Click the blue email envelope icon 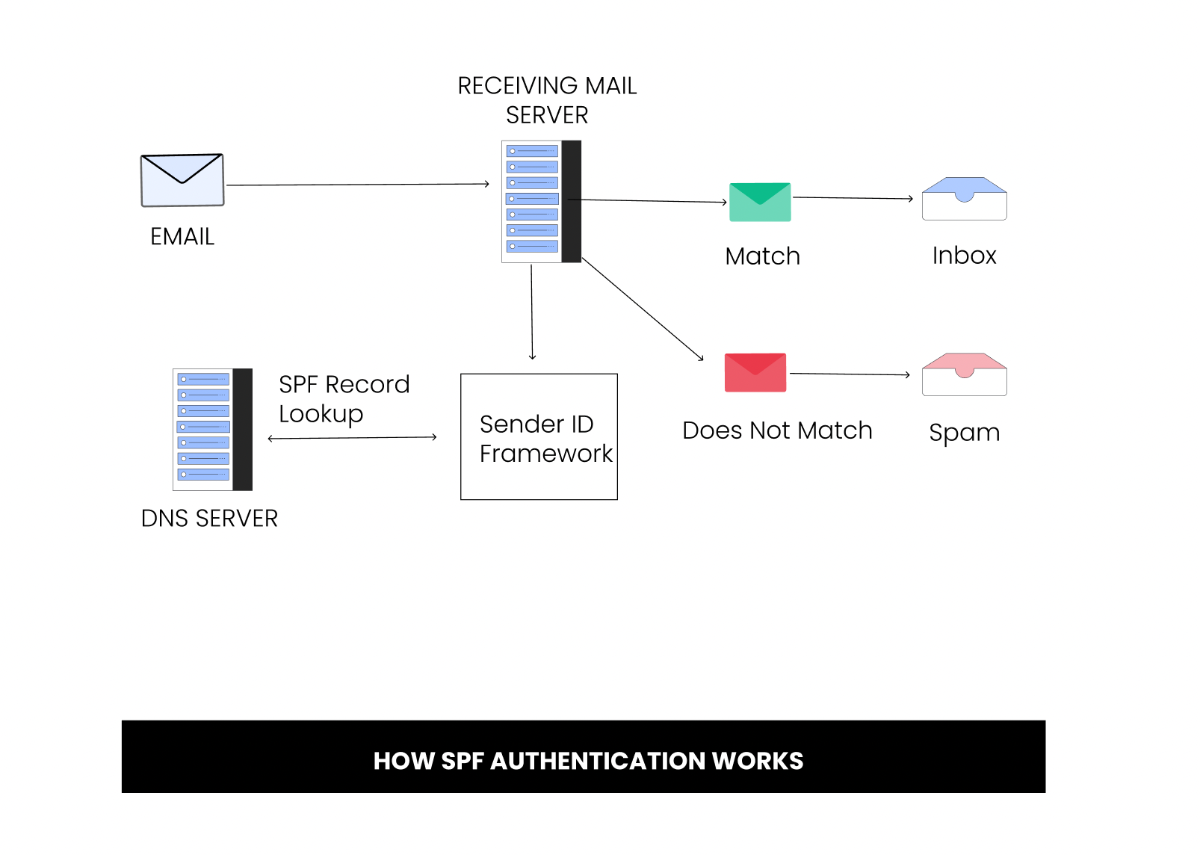pyautogui.click(x=182, y=180)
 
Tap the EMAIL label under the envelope pyautogui.click(x=182, y=237)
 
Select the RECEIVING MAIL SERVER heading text pyautogui.click(x=547, y=100)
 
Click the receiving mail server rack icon pyautogui.click(x=541, y=202)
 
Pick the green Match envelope pyautogui.click(x=760, y=202)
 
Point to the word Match pyautogui.click(x=762, y=256)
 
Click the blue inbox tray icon pyautogui.click(x=964, y=199)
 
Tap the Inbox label pyautogui.click(x=964, y=256)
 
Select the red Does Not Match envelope pyautogui.click(x=755, y=372)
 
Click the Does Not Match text pyautogui.click(x=777, y=430)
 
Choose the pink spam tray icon pyautogui.click(x=964, y=374)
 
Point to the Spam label pyautogui.click(x=964, y=433)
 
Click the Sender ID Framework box pyautogui.click(x=539, y=437)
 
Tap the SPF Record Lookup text pyautogui.click(x=344, y=399)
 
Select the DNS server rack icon pyautogui.click(x=212, y=430)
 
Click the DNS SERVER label pyautogui.click(x=209, y=519)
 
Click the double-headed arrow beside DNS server pyautogui.click(x=352, y=438)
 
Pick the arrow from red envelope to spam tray pyautogui.click(x=850, y=374)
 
